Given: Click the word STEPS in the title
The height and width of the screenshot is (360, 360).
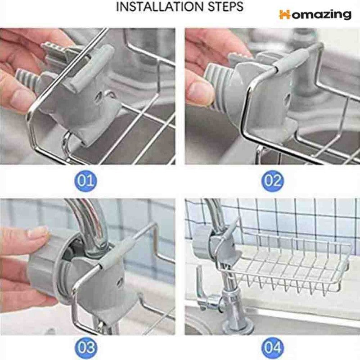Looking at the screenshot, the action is pos(226,6).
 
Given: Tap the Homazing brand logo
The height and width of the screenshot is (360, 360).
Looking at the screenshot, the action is pos(315,15).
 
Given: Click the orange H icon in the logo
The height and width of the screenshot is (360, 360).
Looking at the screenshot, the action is pos(285,14).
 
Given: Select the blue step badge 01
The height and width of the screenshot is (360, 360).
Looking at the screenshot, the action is pos(85,181).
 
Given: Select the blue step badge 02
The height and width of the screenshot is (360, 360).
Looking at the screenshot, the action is pos(273,181).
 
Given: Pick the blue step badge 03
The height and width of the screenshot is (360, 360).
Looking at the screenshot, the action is pos(85,348).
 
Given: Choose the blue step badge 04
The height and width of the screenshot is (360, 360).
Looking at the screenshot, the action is pos(273,348).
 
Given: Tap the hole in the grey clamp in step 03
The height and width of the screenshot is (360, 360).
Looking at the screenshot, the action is pos(119,282).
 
